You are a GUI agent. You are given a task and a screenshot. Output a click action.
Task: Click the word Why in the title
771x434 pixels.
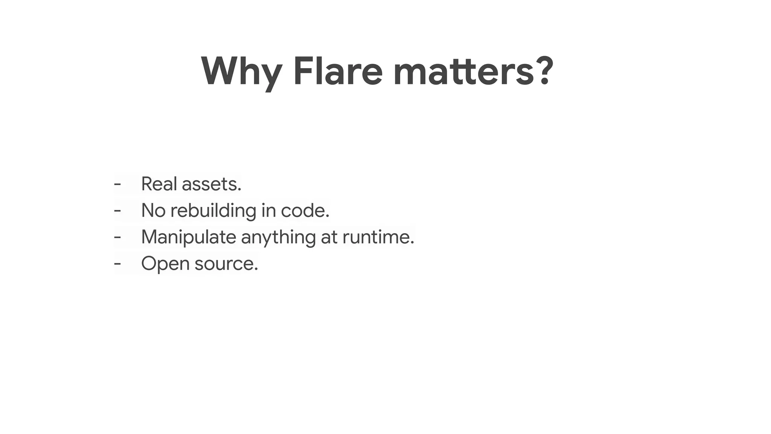(241, 72)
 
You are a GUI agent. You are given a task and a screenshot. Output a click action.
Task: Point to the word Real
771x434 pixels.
(159, 184)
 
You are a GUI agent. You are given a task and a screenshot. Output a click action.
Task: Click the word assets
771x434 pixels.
(211, 184)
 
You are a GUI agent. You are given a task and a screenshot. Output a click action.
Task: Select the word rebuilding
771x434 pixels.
(213, 211)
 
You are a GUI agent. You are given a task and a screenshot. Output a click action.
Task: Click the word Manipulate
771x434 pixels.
(189, 237)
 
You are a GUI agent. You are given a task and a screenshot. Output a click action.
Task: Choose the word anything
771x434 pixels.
(278, 237)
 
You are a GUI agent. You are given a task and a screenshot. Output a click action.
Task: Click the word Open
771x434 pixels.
(165, 264)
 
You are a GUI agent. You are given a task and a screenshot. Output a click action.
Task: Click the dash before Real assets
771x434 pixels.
(117, 184)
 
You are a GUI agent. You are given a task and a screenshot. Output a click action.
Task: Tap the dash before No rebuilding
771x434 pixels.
(117, 211)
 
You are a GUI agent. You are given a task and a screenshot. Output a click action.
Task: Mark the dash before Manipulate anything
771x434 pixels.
(117, 237)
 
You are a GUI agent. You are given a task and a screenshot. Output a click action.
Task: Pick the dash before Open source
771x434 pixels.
(117, 263)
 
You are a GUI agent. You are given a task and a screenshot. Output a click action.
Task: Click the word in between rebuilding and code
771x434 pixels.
(268, 210)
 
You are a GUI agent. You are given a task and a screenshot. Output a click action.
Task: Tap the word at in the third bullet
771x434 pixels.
(329, 237)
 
